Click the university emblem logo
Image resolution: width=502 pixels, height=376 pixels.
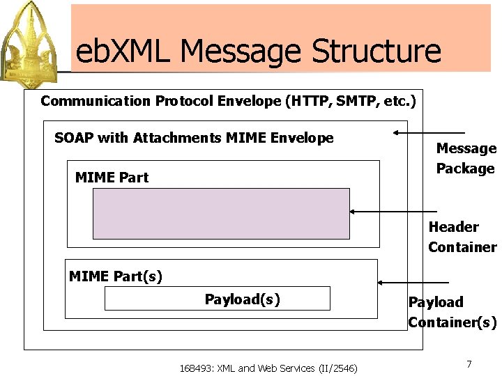pos(34,39)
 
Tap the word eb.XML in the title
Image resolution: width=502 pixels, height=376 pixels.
pos(123,52)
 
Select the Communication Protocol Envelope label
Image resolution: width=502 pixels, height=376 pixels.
pos(161,101)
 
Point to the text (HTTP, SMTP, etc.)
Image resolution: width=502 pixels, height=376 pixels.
pos(351,101)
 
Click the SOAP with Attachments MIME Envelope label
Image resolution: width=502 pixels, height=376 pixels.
pos(194,138)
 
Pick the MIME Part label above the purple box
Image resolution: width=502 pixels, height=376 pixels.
pos(112,178)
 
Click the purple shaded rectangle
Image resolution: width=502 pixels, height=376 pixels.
pos(221,214)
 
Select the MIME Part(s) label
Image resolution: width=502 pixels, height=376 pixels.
pos(116,276)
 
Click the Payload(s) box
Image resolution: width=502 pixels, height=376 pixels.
pos(217,299)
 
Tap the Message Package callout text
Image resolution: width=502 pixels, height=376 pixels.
pos(465,158)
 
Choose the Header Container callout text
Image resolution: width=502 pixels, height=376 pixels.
pos(462,237)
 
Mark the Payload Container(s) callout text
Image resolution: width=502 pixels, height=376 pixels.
pos(452,312)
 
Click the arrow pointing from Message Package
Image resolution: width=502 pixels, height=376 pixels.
pos(428,132)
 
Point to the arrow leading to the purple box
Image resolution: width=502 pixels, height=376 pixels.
pos(393,211)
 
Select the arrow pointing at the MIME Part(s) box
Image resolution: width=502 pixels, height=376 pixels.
pos(412,283)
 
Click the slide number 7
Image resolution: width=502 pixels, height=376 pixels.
pos(469,364)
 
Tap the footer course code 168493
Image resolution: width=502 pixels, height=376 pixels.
pos(197,368)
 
